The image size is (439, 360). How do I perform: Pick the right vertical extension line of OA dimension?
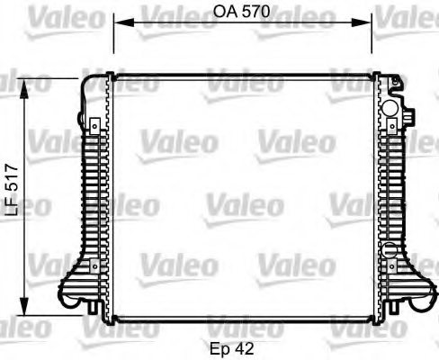[372, 45]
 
